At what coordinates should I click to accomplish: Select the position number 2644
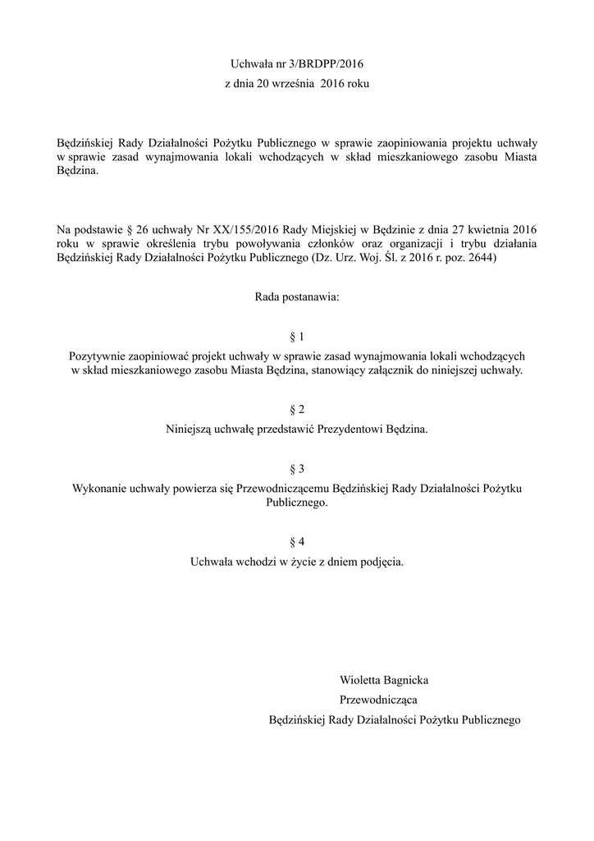(x=481, y=258)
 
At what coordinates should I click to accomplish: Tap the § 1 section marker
(x=297, y=338)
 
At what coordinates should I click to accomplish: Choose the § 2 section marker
(x=297, y=410)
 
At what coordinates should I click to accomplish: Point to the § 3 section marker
(x=297, y=469)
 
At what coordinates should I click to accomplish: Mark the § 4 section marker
(x=297, y=542)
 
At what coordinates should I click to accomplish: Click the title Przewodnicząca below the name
(x=378, y=700)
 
